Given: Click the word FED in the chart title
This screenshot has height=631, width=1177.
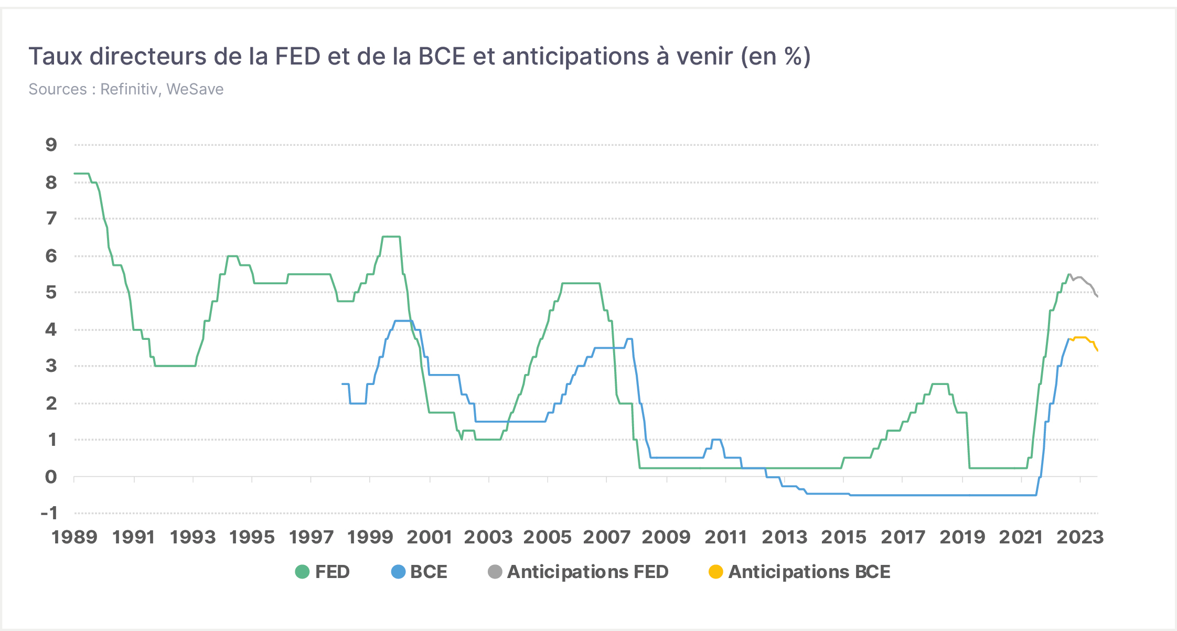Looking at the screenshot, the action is tap(297, 56).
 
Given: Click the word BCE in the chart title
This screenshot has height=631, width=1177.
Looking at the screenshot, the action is tap(442, 56).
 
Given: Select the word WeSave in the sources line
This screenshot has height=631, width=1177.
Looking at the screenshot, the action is tap(195, 89).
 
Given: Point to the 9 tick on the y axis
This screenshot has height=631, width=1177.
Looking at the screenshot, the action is tap(51, 145).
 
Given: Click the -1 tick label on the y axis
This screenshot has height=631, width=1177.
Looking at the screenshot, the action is tap(49, 513).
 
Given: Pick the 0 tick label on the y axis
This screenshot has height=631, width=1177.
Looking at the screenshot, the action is tap(51, 477).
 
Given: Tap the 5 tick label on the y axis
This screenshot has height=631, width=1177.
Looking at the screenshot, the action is tap(51, 292).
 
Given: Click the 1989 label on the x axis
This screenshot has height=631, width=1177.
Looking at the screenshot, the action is tap(74, 537).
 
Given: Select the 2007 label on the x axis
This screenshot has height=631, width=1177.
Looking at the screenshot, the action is tap(606, 537).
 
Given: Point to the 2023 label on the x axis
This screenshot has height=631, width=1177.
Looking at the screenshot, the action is tap(1080, 537).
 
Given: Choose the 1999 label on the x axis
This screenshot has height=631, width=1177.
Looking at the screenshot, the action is tap(370, 537).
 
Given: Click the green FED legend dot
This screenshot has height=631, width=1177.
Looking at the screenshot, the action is tap(302, 572).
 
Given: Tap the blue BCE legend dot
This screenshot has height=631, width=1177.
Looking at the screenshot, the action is tap(399, 572).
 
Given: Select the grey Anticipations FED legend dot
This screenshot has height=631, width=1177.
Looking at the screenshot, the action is tap(495, 572).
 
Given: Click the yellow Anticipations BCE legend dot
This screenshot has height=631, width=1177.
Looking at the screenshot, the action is tap(716, 572).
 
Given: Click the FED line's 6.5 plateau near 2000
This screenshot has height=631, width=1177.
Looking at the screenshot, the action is tap(391, 237).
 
